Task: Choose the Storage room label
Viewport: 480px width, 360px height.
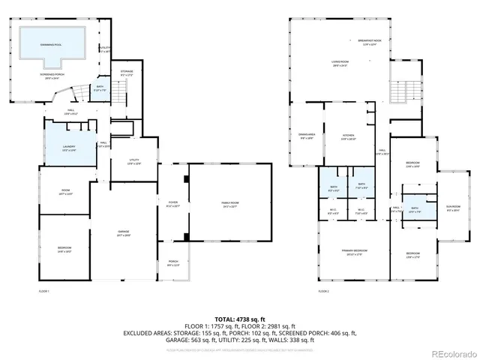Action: (126, 73)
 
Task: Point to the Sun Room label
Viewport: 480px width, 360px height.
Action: (453, 208)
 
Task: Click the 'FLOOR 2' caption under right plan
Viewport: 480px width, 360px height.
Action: (323, 290)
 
